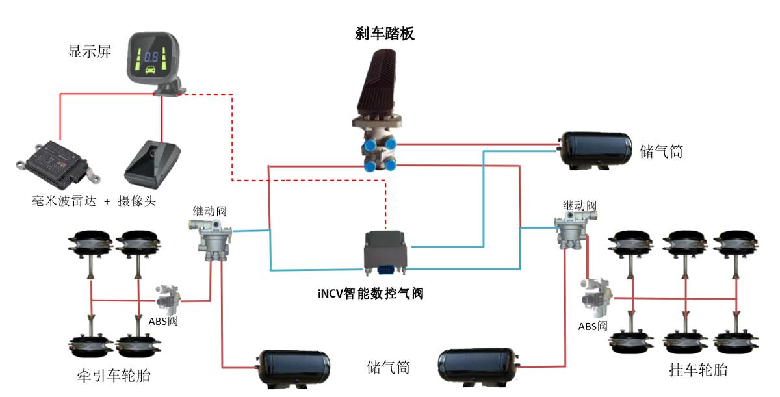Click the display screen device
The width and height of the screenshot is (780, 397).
tap(154, 62)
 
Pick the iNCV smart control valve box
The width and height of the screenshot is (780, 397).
tap(386, 250)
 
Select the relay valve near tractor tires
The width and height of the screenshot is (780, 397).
tap(211, 239)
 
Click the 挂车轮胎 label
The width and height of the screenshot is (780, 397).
tap(698, 371)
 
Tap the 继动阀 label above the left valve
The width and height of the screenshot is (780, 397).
tap(209, 210)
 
